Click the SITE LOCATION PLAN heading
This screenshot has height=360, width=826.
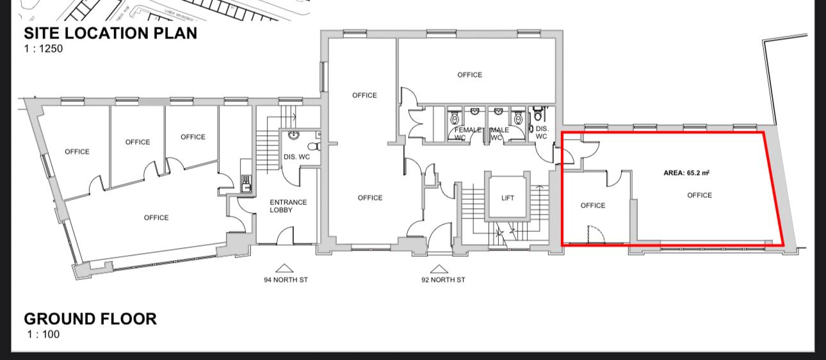click(110, 33)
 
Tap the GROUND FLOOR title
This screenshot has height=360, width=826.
click(90, 319)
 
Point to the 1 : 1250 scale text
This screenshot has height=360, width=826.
click(44, 49)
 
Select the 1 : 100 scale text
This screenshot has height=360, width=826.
click(44, 334)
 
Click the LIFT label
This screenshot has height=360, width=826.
click(508, 198)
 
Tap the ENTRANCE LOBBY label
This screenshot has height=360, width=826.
click(288, 206)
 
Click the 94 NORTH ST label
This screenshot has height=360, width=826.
click(286, 280)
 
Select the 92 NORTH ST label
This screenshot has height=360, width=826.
click(443, 280)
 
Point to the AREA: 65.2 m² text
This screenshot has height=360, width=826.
click(686, 173)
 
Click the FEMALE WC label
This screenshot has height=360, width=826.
click(467, 133)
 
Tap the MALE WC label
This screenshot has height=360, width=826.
click(499, 133)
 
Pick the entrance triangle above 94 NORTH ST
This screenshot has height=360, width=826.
click(284, 268)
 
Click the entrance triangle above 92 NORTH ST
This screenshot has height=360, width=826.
click(439, 268)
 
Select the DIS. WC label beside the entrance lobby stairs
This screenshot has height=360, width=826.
click(296, 157)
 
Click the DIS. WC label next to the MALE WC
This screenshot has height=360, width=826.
click(542, 132)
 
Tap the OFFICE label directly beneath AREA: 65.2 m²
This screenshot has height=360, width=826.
click(699, 195)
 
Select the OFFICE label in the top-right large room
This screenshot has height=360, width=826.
click(469, 75)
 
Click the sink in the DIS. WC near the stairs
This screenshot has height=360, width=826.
click(293, 135)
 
